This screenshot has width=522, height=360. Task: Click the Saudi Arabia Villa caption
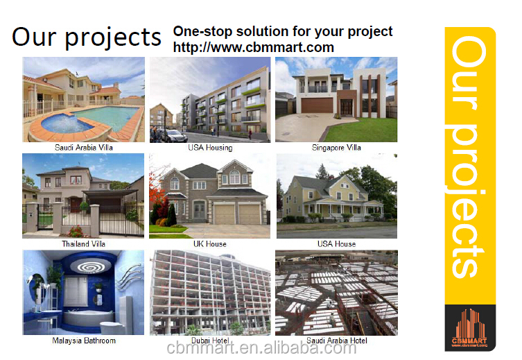[x=84, y=148]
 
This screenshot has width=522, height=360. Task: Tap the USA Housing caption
[x=210, y=148]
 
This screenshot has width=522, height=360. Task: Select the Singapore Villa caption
[x=336, y=148]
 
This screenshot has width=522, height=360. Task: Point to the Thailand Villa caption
[x=84, y=244]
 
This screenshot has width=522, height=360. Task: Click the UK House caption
[x=210, y=244]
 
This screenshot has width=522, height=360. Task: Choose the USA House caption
[x=336, y=244]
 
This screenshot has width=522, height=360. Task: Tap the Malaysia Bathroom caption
[x=84, y=341]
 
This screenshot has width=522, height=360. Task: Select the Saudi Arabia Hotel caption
[x=337, y=341]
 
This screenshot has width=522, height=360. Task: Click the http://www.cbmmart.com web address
[x=253, y=47]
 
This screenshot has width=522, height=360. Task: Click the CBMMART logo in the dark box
[x=470, y=328]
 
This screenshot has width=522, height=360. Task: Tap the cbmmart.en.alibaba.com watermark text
[x=261, y=348]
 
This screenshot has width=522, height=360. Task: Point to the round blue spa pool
[x=65, y=123]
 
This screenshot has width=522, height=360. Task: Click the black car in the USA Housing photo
[x=174, y=136]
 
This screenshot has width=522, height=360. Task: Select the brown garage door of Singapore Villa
[x=317, y=105]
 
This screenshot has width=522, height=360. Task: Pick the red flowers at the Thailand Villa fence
[x=76, y=232]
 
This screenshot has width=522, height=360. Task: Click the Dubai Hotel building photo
[x=210, y=293]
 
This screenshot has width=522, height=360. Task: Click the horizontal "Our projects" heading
[x=87, y=37]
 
